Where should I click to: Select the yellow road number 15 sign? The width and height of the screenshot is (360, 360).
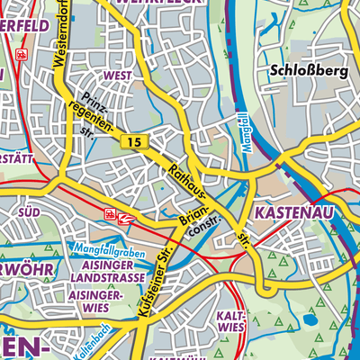[133, 142]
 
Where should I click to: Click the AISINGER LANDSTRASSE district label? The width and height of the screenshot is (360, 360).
[106, 274]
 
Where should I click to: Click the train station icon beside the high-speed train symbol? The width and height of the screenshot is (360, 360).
[111, 214]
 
